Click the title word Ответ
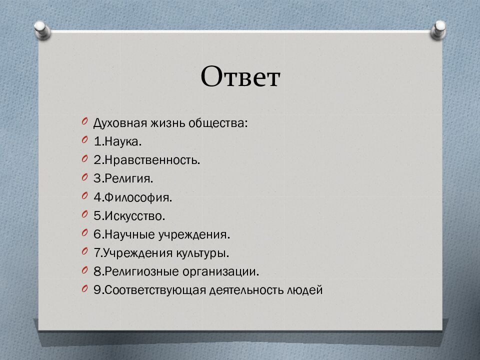click(240, 76)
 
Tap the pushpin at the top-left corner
click(42, 30)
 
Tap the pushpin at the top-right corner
click(438, 29)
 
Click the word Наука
click(122, 141)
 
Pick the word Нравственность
click(151, 160)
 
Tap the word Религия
click(128, 178)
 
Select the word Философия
click(137, 197)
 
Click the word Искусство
click(134, 216)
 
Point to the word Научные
click(130, 234)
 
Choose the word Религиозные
click(142, 272)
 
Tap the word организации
click(220, 272)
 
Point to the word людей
click(305, 290)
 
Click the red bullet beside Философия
click(85, 196)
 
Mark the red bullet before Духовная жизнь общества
click(85, 121)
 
